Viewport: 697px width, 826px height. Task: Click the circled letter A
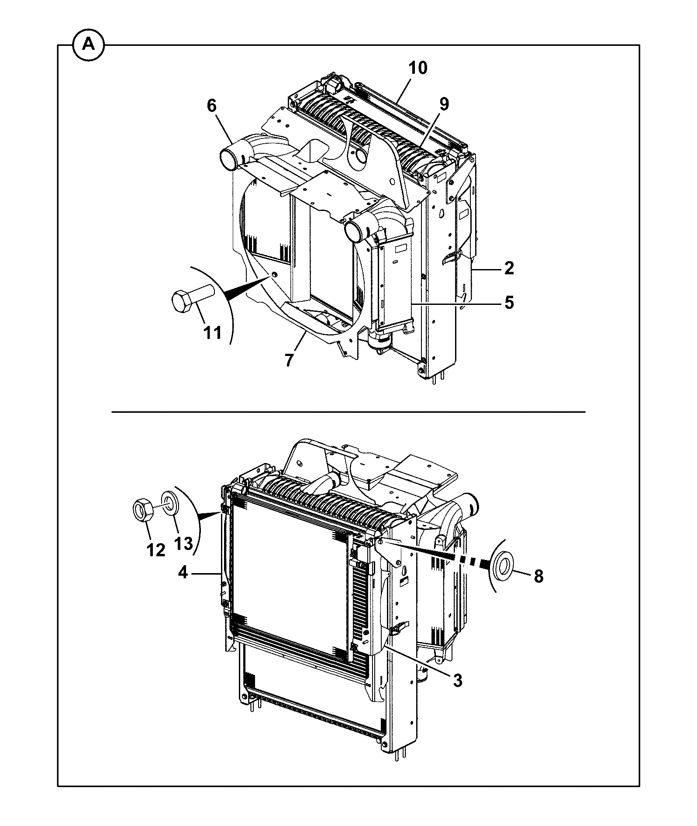tap(89, 45)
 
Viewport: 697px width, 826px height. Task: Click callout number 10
tap(418, 68)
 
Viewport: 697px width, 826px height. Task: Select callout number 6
tap(212, 106)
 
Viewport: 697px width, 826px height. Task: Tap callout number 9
tap(444, 104)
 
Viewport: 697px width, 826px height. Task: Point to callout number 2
tap(509, 268)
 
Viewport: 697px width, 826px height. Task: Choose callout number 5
tap(509, 303)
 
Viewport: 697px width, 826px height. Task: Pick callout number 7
tap(289, 360)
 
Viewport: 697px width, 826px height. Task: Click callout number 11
tap(213, 333)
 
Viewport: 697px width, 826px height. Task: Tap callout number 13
tap(183, 544)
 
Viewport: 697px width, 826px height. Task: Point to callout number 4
tap(183, 572)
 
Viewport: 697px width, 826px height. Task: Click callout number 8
tap(539, 576)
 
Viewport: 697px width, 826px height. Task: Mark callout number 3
tap(457, 681)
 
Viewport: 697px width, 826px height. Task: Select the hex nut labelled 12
tap(143, 510)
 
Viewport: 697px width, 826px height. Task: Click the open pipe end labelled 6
tap(228, 159)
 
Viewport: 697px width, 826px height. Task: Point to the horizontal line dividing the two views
tap(348, 411)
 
